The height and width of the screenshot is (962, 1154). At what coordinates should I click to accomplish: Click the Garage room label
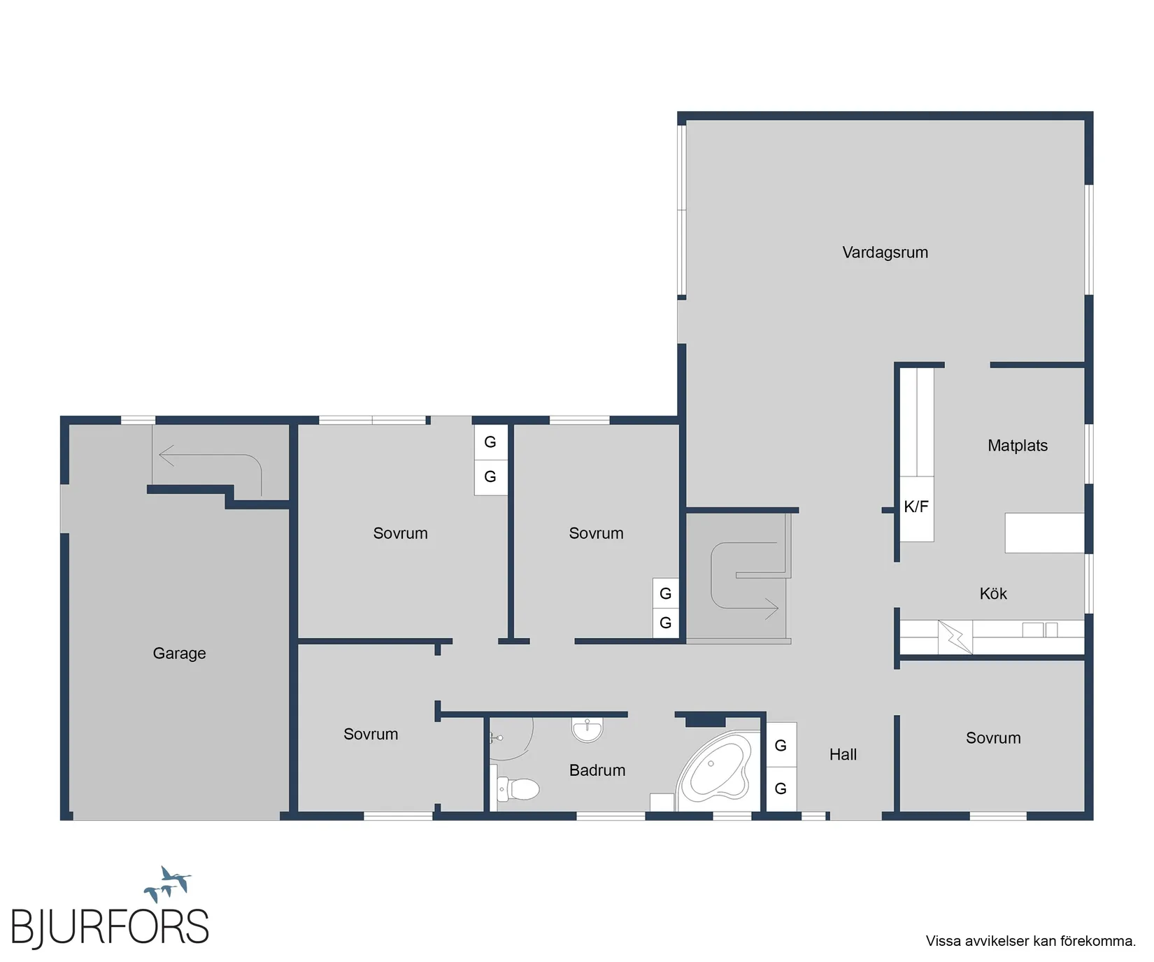click(179, 653)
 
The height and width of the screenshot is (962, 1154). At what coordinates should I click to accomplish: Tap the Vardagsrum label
click(885, 253)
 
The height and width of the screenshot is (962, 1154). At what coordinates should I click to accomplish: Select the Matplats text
click(1018, 446)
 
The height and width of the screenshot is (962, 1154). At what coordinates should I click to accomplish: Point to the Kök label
click(993, 594)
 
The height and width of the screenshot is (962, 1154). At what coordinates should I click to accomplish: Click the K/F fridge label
click(916, 507)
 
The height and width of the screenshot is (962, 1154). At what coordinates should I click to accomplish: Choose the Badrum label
click(597, 770)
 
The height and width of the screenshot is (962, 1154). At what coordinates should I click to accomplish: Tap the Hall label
click(843, 754)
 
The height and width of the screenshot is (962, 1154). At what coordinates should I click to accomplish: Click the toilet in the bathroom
click(518, 789)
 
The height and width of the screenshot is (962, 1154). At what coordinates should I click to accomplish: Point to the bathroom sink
click(587, 729)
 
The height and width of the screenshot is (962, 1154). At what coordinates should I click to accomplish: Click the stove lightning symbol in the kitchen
click(955, 637)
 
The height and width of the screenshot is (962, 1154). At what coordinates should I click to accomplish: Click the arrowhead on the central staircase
click(772, 608)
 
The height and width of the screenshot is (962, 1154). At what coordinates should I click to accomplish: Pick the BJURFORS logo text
click(110, 928)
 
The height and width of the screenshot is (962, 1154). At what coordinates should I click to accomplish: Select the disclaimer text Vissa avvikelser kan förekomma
click(1031, 941)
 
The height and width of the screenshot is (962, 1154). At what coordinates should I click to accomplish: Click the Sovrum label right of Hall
click(993, 738)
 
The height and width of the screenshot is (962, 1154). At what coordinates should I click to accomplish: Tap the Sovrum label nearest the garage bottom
click(371, 735)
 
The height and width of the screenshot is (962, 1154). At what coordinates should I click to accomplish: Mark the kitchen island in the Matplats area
click(1044, 533)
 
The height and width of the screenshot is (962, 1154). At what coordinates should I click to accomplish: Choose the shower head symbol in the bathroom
click(497, 737)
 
